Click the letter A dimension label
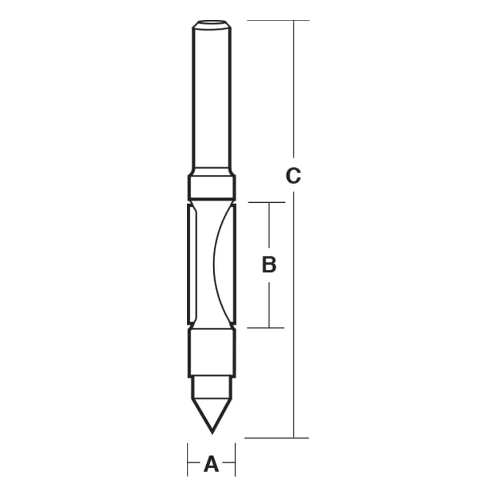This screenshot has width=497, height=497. click(x=212, y=464)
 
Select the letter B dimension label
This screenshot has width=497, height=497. click(x=269, y=265)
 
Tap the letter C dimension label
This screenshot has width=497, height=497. click(x=293, y=176)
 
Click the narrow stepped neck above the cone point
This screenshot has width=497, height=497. click(x=212, y=385)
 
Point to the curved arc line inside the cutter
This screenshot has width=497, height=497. click(x=213, y=263)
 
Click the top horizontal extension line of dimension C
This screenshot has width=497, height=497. click(x=278, y=20)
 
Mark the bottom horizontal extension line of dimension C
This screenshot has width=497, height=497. click(x=278, y=438)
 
